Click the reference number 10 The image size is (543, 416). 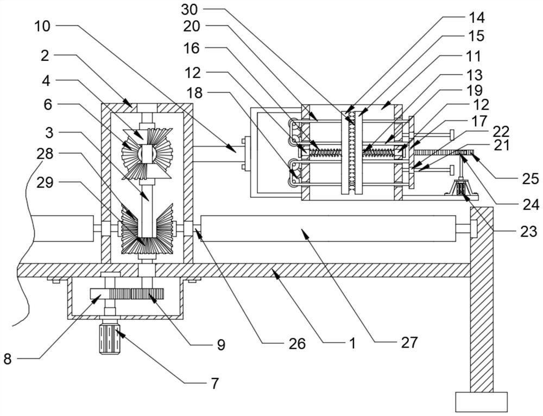click(44, 25)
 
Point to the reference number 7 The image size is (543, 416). click(214, 383)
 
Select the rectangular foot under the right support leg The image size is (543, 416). click(481, 402)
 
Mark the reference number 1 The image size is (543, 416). click(351, 343)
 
